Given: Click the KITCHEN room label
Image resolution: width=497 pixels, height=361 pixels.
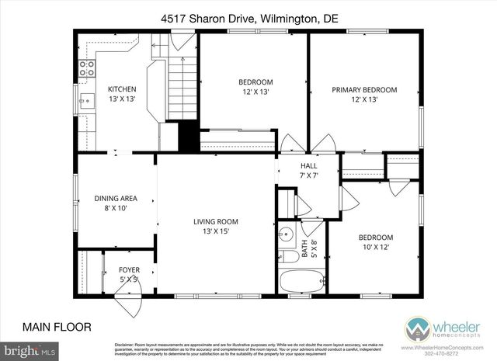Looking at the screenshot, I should tap(121, 89).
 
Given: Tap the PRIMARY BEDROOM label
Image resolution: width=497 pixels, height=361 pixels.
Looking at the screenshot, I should tap(364, 90).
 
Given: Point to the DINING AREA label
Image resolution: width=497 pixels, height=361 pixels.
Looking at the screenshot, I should tap(115, 197).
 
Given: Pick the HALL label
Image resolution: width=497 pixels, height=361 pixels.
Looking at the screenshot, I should tap(309, 166).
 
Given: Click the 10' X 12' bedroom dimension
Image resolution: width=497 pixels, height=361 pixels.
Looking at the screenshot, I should tap(375, 247).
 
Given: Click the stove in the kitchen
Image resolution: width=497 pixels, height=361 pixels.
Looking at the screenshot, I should tap(86, 68).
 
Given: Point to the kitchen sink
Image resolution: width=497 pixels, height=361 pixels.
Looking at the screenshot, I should tap(85, 99).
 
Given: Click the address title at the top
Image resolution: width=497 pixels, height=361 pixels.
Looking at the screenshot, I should tap(248, 17).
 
